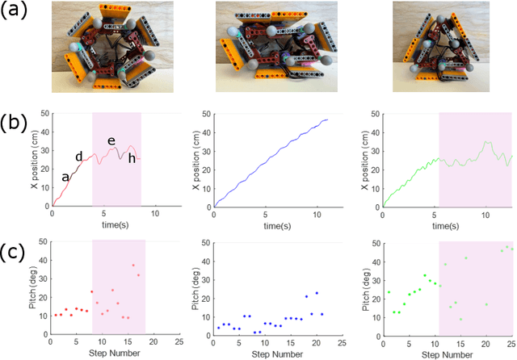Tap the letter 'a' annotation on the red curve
(x=65, y=177)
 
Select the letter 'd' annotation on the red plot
(x=78, y=157)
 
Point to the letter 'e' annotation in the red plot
(x=111, y=141)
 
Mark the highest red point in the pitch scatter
(x=133, y=265)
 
